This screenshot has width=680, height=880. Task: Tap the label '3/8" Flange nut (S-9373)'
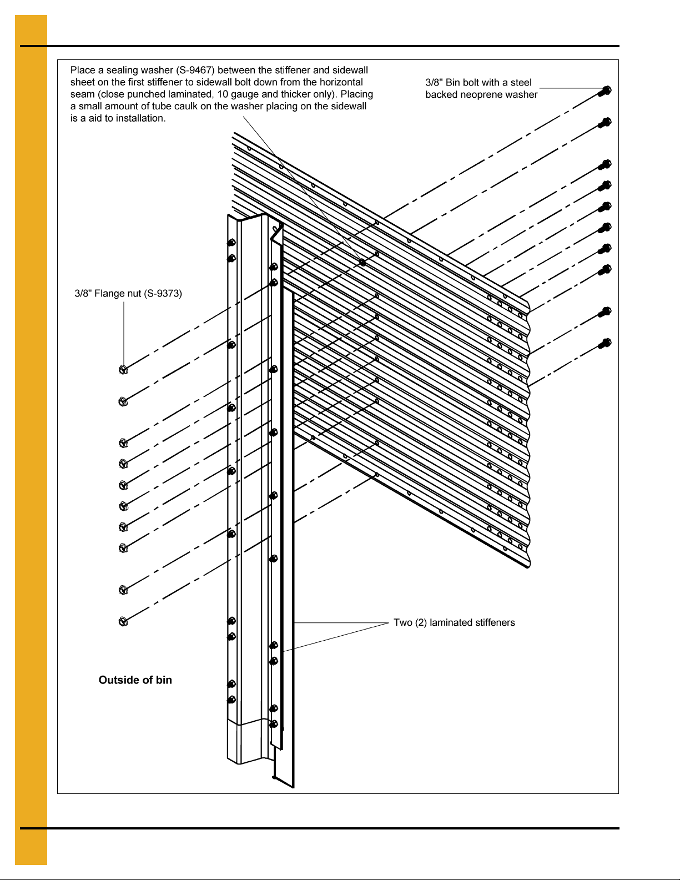pyautogui.click(x=128, y=293)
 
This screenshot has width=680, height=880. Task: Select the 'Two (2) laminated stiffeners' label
pyautogui.click(x=454, y=622)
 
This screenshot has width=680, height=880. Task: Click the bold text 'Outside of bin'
pyautogui.click(x=135, y=680)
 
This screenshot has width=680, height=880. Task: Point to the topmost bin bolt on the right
pyautogui.click(x=605, y=90)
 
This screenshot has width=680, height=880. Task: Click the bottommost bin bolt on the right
pyautogui.click(x=605, y=343)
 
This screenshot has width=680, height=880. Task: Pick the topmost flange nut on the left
pyautogui.click(x=123, y=370)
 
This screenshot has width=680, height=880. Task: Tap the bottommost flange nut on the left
pyautogui.click(x=123, y=621)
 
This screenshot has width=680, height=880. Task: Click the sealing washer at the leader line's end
pyautogui.click(x=362, y=262)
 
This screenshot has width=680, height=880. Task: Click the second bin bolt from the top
pyautogui.click(x=605, y=122)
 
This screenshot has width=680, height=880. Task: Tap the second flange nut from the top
pyautogui.click(x=123, y=401)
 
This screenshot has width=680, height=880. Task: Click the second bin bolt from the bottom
pyautogui.click(x=605, y=312)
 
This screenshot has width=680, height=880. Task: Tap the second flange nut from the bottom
pyautogui.click(x=123, y=590)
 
